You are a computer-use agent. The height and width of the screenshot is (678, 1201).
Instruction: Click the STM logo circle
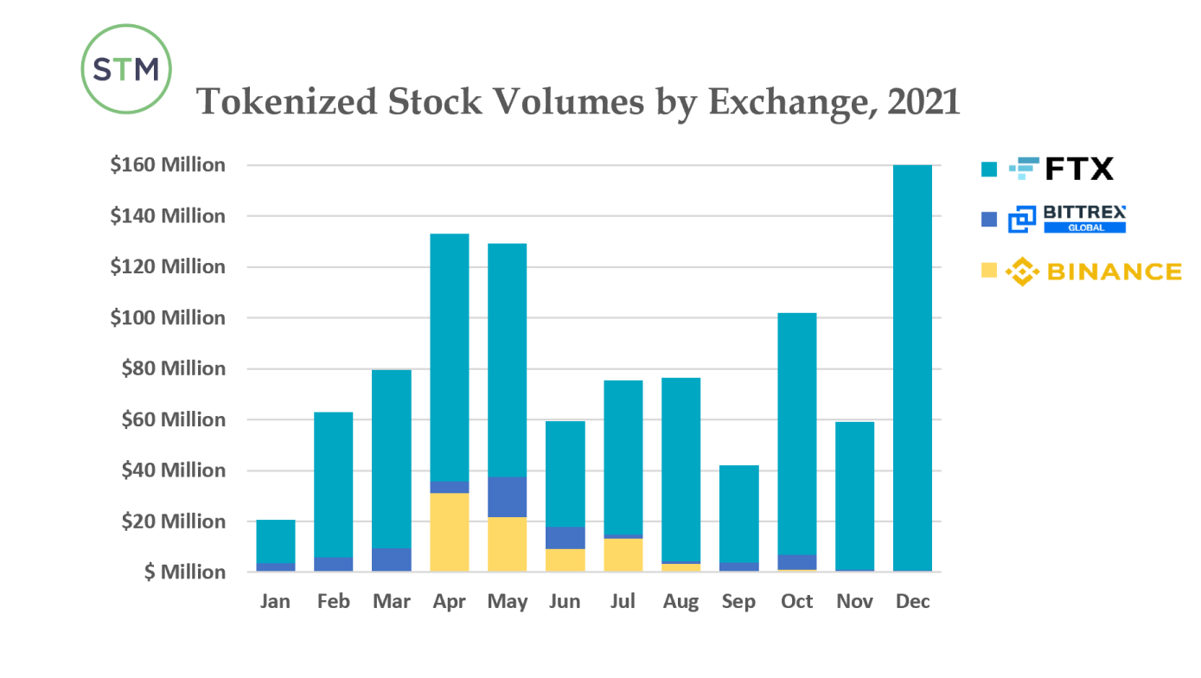[x=126, y=69]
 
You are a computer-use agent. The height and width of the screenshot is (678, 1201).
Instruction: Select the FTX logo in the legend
[x=1062, y=169]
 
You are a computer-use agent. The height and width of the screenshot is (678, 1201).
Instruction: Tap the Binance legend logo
[x=1095, y=272]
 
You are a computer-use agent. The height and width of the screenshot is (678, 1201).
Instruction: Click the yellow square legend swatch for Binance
[x=989, y=272]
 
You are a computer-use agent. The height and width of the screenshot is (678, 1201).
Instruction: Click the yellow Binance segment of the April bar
[x=449, y=533]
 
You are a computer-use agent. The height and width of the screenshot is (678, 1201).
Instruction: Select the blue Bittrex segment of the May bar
[x=507, y=497]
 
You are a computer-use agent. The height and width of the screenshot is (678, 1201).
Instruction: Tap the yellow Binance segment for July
[x=623, y=554]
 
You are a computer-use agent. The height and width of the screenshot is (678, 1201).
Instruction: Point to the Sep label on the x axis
[x=738, y=601]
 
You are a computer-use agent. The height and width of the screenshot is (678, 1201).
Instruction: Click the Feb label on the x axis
[x=333, y=601]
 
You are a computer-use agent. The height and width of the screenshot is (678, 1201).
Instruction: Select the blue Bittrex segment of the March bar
[x=391, y=560]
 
